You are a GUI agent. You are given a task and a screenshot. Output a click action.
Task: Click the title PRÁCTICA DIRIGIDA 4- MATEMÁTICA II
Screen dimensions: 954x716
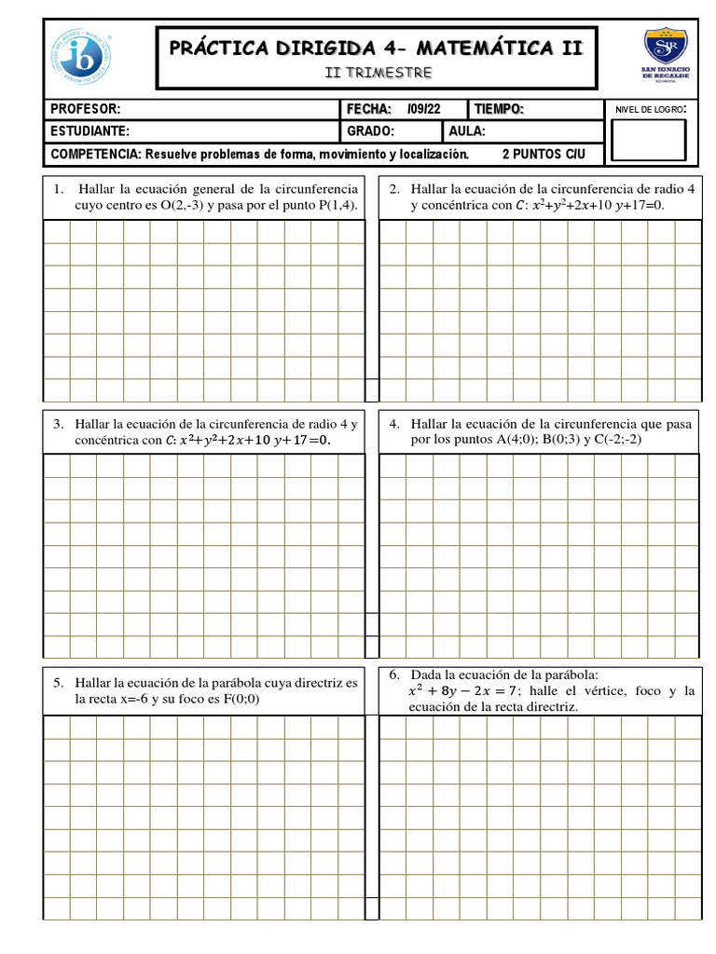click(x=377, y=48)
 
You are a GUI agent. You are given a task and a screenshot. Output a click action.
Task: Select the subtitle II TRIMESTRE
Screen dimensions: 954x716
click(x=378, y=72)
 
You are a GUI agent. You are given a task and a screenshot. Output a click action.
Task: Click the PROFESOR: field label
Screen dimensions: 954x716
click(x=86, y=110)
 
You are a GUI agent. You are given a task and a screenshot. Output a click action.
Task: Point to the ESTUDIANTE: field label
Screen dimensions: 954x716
click(x=90, y=131)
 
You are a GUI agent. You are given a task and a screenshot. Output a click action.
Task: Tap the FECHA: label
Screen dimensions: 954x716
click(x=369, y=110)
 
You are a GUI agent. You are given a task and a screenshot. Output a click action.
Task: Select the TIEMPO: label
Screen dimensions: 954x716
click(x=500, y=110)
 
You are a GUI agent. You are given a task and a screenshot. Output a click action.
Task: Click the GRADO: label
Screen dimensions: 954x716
click(x=371, y=131)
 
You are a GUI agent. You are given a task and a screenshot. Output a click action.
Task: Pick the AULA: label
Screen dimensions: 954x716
click(x=467, y=131)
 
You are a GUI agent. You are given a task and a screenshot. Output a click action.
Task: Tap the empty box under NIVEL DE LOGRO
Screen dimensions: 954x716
click(x=647, y=140)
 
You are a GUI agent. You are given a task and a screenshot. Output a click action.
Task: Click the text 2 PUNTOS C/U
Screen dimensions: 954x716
click(x=544, y=154)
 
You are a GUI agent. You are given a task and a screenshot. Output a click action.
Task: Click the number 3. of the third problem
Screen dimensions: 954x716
click(x=58, y=424)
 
